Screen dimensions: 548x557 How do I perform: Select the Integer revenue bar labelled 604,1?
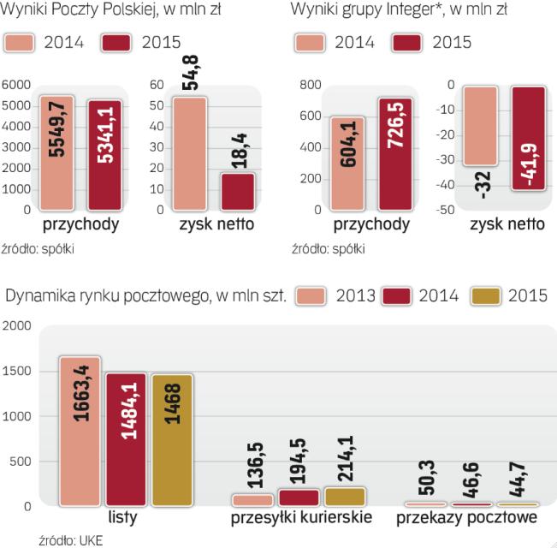[x=347, y=164]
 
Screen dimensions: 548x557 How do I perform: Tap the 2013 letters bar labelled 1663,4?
[x=80, y=432]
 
